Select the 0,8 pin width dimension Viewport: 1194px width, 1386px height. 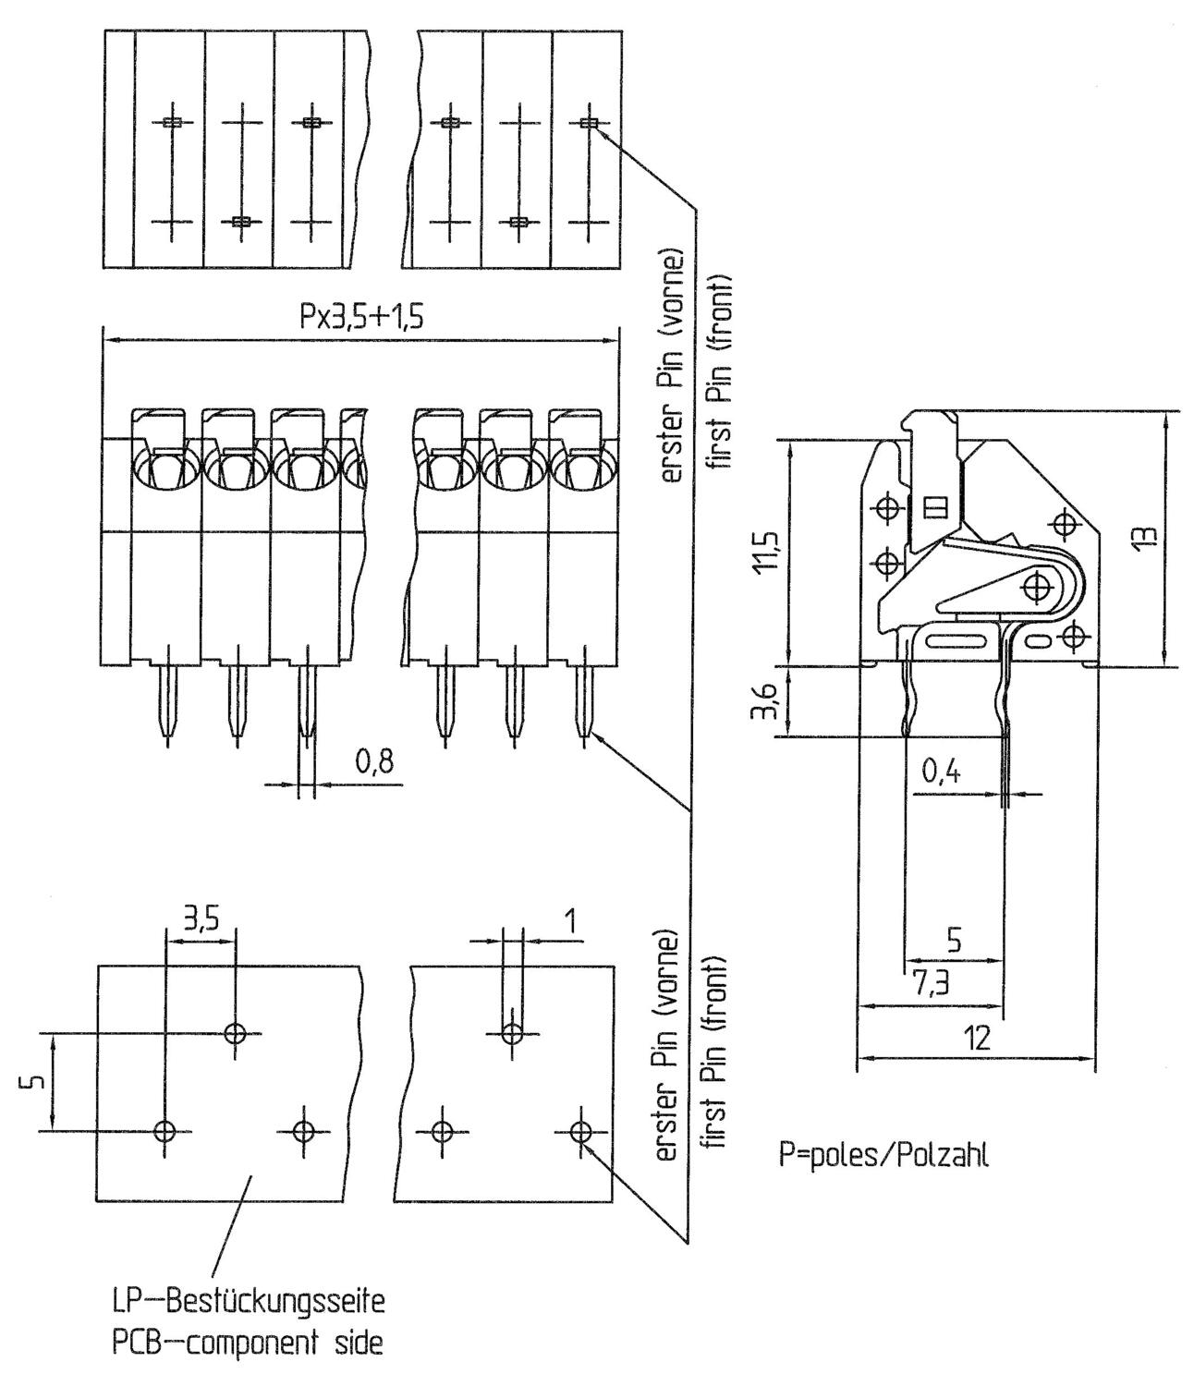coord(373,762)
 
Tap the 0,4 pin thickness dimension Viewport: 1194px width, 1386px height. coord(940,772)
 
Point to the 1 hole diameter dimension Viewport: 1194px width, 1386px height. coord(570,920)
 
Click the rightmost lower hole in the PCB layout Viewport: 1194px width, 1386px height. coord(580,1131)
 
